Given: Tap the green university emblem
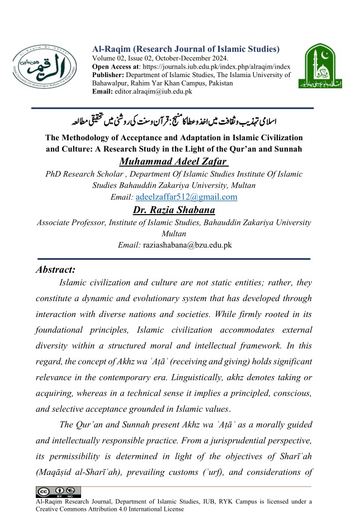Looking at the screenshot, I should click(x=320, y=69).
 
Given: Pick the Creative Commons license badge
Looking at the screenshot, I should click(x=58, y=492).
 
